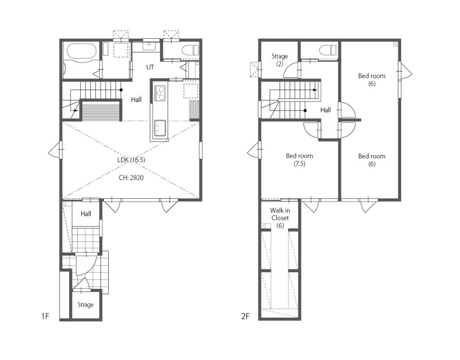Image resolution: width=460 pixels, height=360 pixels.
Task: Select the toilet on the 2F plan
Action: [x=327, y=50]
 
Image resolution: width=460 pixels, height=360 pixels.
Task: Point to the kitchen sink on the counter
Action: [x=160, y=128]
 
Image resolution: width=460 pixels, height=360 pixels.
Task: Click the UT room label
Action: [x=150, y=67]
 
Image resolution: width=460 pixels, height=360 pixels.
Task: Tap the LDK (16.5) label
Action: [x=131, y=160]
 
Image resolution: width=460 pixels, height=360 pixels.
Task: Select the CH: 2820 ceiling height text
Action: [x=131, y=178]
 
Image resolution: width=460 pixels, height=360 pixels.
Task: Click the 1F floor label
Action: [x=45, y=316]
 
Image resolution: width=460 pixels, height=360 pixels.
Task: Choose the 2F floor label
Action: [x=245, y=316]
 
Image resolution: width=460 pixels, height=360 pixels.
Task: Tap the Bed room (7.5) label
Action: [x=300, y=160]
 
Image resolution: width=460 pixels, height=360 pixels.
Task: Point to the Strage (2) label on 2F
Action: [x=279, y=60]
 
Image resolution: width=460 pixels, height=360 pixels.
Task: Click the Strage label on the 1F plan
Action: [x=86, y=305]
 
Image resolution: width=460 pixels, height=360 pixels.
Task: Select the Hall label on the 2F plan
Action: [x=325, y=110]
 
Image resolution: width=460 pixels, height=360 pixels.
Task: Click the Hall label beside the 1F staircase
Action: [x=136, y=99]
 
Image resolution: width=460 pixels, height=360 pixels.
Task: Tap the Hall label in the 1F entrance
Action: [x=86, y=214]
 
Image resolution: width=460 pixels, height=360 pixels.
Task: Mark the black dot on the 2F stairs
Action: [x=305, y=111]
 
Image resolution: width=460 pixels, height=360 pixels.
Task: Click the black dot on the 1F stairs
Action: [x=121, y=90]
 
